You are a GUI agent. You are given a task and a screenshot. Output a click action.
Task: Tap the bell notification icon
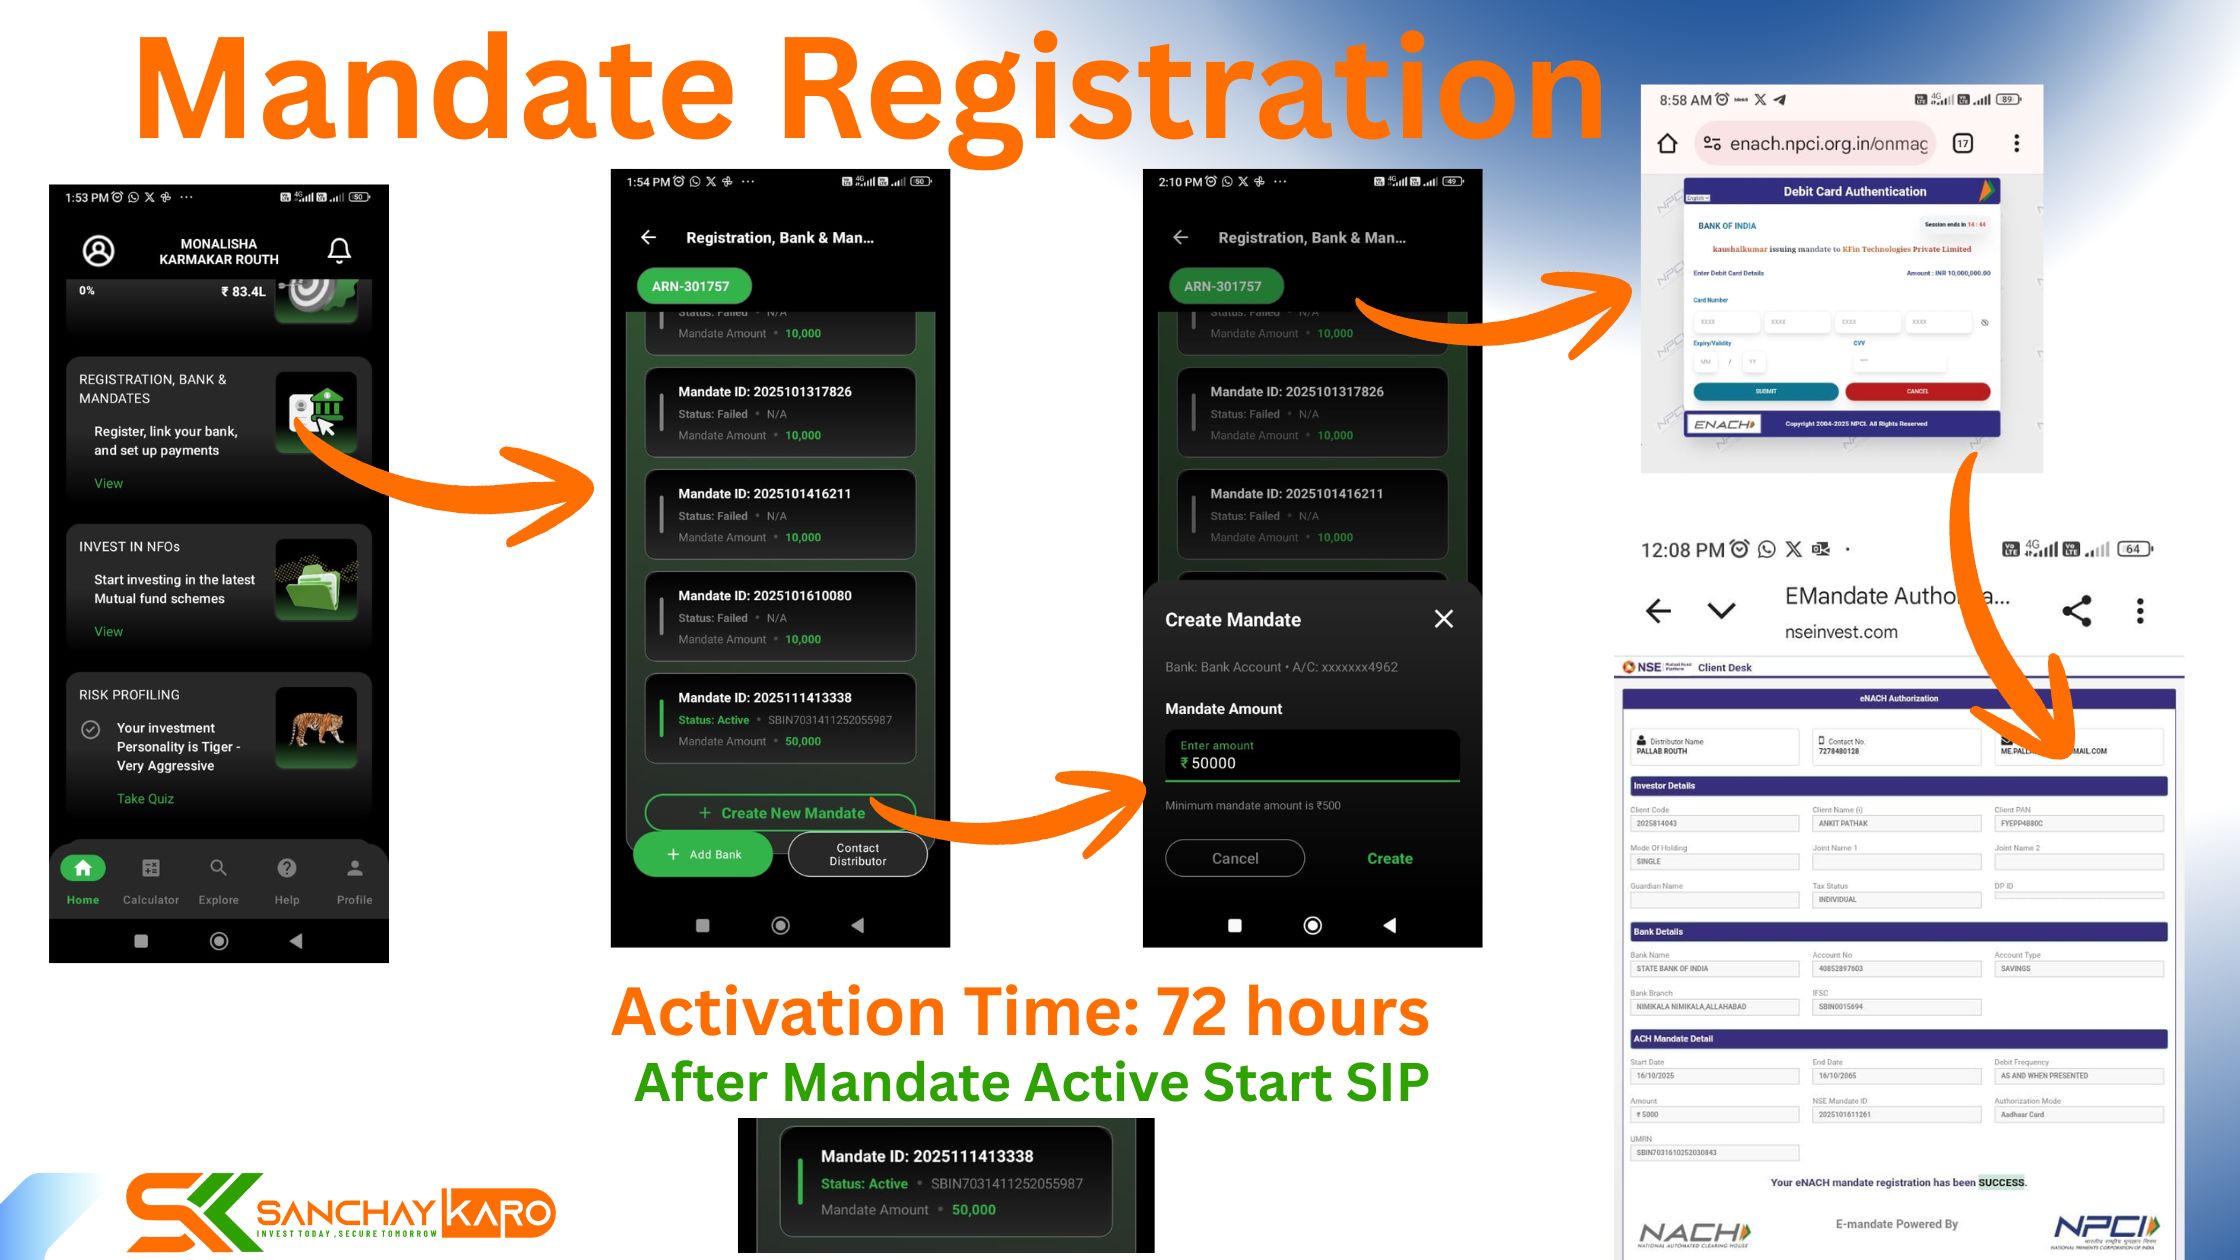(x=339, y=250)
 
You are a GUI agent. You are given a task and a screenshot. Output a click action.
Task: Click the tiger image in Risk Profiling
(x=316, y=727)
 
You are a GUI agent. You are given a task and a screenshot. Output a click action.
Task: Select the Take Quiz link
(x=145, y=799)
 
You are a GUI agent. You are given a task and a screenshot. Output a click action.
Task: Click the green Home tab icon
(x=83, y=868)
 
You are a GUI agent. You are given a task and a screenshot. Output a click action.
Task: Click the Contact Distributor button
(x=857, y=855)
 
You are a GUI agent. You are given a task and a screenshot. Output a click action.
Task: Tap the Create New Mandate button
(x=780, y=813)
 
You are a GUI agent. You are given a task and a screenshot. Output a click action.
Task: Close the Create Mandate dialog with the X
(x=1443, y=619)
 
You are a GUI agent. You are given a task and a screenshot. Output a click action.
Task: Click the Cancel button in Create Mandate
(x=1235, y=858)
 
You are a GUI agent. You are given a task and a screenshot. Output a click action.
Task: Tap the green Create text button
(x=1389, y=859)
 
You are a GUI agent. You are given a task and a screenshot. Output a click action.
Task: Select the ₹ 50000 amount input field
(x=1312, y=756)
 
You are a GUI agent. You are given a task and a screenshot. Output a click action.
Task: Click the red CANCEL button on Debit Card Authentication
(x=1917, y=391)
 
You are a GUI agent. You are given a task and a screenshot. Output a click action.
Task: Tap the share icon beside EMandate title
(x=2077, y=611)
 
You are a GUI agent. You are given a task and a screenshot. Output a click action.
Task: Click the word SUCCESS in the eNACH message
(x=2001, y=1182)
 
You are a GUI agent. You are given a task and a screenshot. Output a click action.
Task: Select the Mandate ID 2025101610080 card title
(x=764, y=596)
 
